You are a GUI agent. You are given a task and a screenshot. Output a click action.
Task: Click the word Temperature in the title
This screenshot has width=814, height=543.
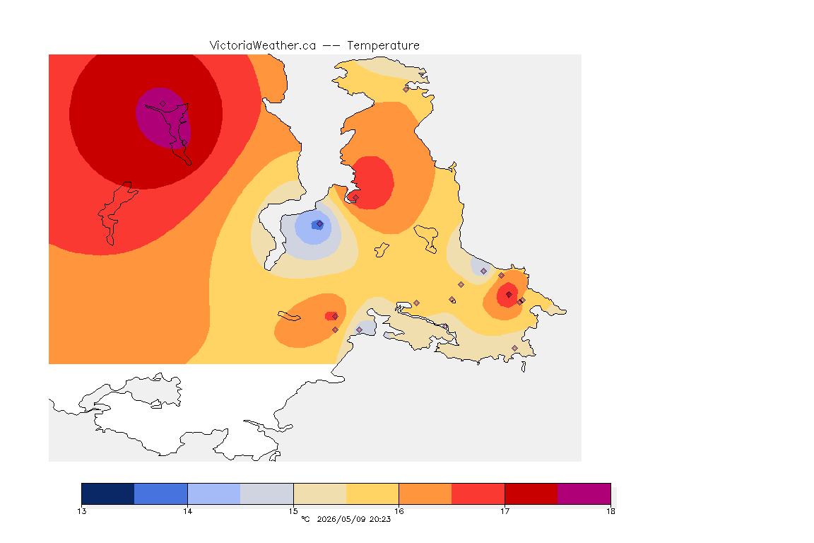click(383, 46)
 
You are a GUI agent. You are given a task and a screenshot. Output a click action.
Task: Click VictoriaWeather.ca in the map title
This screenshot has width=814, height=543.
click(263, 46)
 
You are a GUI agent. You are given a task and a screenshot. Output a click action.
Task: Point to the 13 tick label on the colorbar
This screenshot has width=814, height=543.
click(81, 511)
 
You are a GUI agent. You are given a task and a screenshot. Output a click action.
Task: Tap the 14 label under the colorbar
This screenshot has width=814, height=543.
click(187, 511)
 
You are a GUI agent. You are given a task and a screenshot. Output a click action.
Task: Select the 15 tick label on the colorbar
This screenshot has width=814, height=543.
click(293, 511)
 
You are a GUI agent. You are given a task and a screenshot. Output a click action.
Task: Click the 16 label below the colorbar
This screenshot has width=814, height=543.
click(399, 511)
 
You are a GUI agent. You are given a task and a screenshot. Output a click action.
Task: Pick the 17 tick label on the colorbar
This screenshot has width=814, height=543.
click(505, 511)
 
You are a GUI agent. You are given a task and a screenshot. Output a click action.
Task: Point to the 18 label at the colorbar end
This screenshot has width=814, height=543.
click(610, 511)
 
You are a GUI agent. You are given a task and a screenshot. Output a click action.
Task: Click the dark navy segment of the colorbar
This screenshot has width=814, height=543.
click(108, 494)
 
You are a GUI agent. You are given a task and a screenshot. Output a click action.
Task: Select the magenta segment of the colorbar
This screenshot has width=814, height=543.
click(584, 494)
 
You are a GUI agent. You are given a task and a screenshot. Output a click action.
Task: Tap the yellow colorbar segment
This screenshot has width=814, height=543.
click(372, 494)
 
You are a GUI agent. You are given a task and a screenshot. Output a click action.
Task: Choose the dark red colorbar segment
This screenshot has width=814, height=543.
click(531, 494)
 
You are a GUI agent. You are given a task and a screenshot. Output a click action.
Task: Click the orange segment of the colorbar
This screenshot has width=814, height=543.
click(425, 494)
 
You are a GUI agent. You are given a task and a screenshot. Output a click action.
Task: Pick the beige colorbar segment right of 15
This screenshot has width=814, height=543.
click(320, 494)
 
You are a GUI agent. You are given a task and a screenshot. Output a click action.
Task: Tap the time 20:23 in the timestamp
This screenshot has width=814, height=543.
click(380, 519)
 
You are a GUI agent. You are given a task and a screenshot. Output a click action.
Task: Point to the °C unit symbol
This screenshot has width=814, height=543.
click(306, 519)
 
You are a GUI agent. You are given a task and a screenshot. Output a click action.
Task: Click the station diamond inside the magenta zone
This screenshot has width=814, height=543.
click(163, 104)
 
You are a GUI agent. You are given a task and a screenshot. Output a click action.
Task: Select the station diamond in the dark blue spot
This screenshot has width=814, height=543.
click(320, 224)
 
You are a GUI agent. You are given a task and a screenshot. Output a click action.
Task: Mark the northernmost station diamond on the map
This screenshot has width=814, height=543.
click(406, 89)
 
